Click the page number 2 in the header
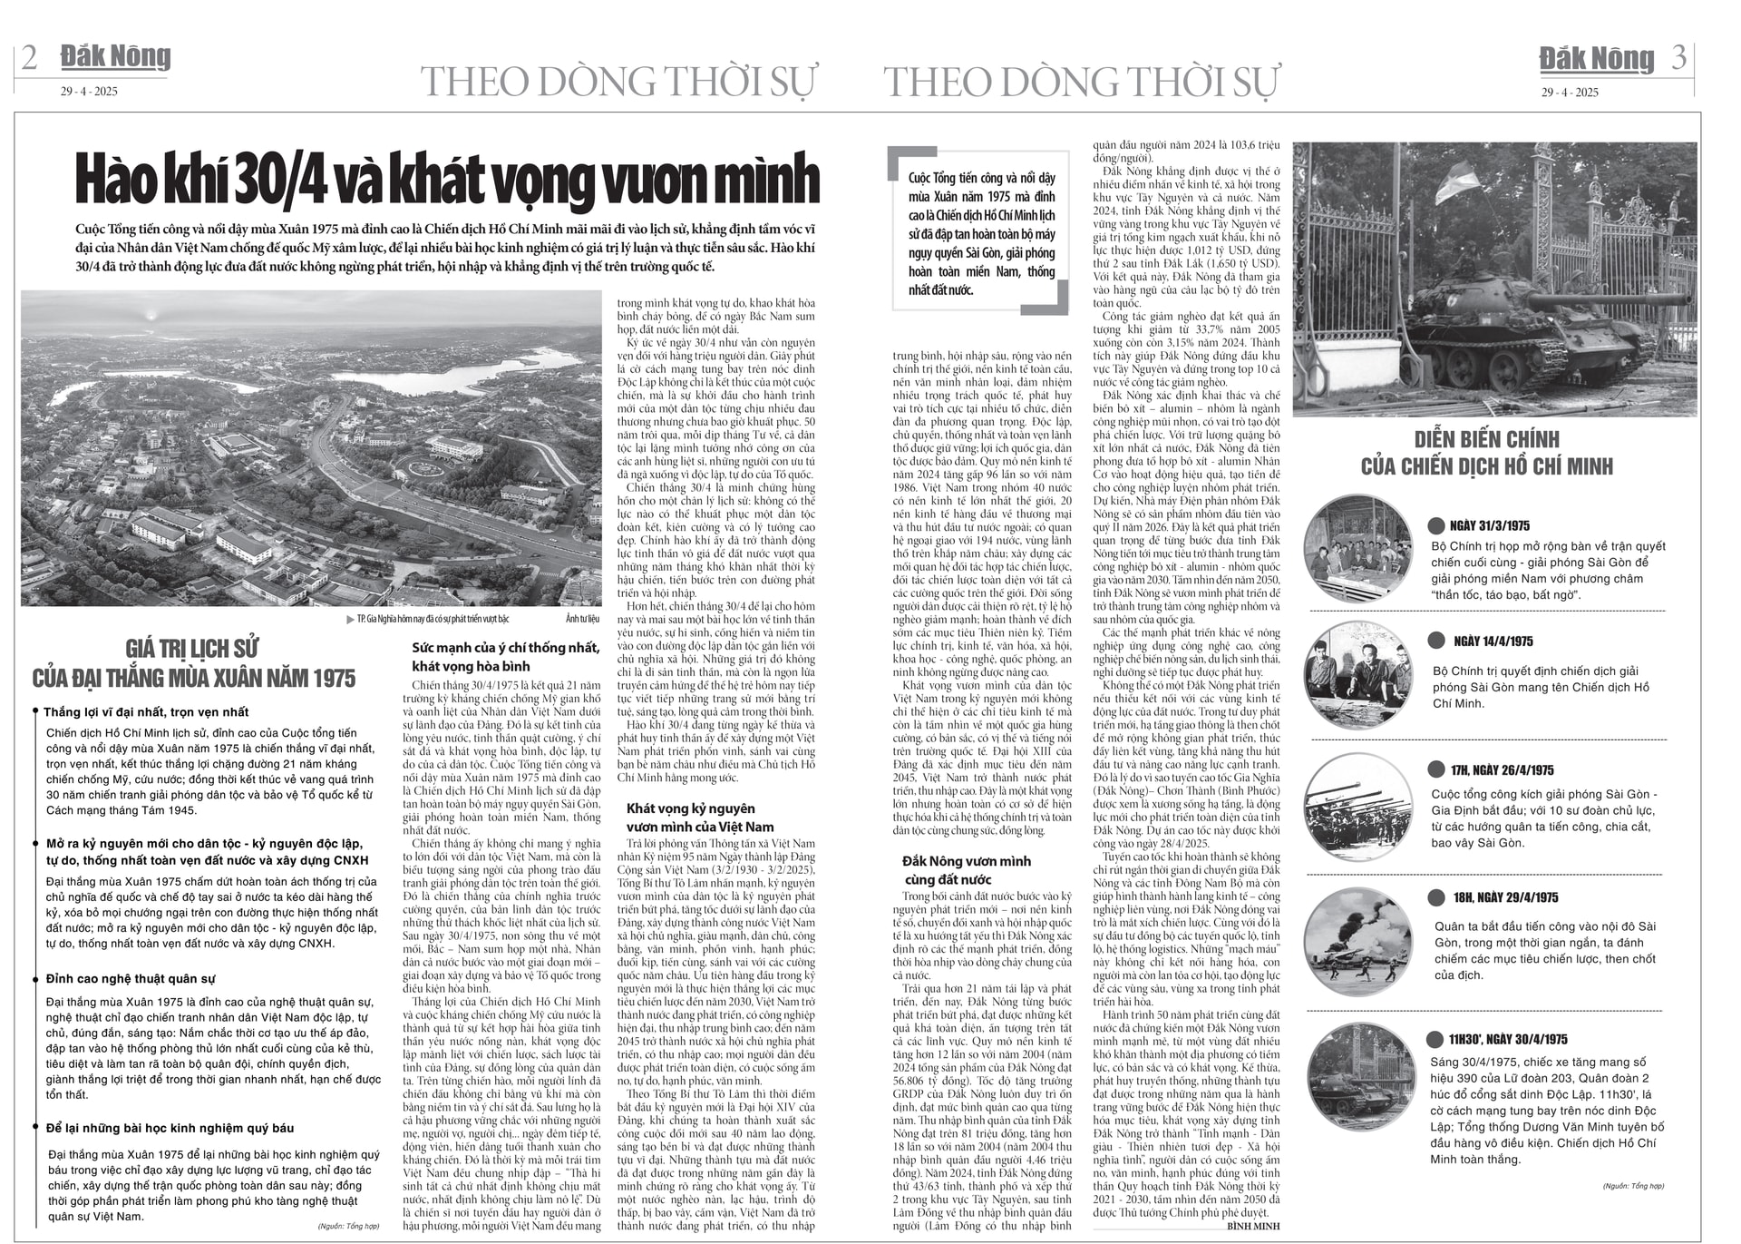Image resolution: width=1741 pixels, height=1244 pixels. (29, 58)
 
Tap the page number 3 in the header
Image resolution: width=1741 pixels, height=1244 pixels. (1678, 58)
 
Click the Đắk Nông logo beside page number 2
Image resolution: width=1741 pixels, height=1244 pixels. (115, 57)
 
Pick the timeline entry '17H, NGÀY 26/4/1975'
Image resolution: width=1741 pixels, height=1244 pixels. (1502, 770)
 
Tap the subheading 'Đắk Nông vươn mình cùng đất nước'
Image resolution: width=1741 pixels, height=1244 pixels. (966, 870)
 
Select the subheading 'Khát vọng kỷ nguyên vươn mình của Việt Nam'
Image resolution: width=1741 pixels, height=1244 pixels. (699, 818)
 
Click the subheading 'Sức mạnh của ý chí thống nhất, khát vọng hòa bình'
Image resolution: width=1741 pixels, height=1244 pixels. (505, 656)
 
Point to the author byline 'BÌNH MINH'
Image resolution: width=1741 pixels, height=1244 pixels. (1253, 1226)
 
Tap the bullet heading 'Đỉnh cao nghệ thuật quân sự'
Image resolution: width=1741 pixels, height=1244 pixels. (131, 979)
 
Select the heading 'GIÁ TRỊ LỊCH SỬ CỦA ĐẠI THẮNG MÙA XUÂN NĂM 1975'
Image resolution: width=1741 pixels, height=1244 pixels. (193, 664)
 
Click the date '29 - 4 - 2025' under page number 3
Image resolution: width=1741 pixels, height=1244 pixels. (1570, 93)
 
